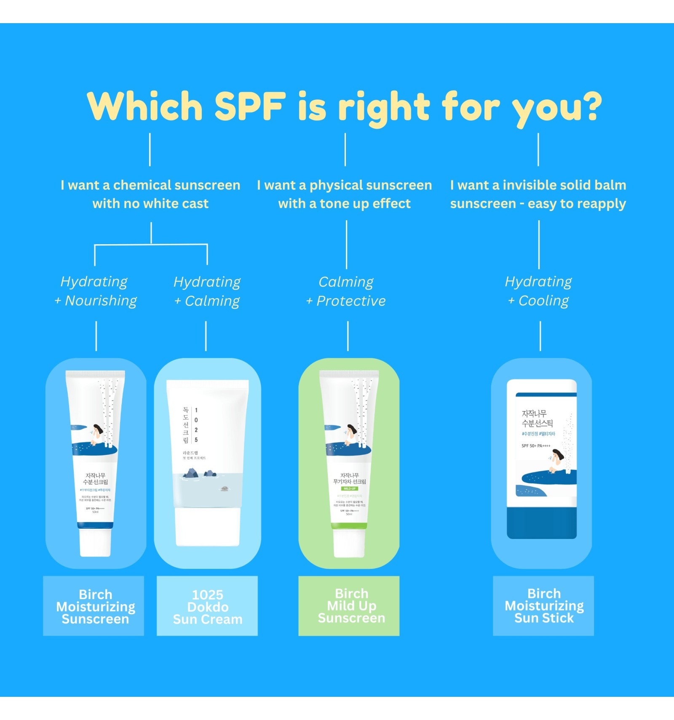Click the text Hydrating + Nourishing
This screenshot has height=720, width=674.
(x=96, y=291)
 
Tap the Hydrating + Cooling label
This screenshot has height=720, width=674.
(x=538, y=291)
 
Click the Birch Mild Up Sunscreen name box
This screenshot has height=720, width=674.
(x=349, y=605)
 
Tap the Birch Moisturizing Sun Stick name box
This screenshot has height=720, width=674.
(x=543, y=605)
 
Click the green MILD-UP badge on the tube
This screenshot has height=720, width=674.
(x=349, y=489)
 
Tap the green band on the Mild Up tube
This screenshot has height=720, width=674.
(x=349, y=525)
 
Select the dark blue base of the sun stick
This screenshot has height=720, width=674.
(x=541, y=522)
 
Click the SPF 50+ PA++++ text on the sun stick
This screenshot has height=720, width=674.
(x=536, y=446)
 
